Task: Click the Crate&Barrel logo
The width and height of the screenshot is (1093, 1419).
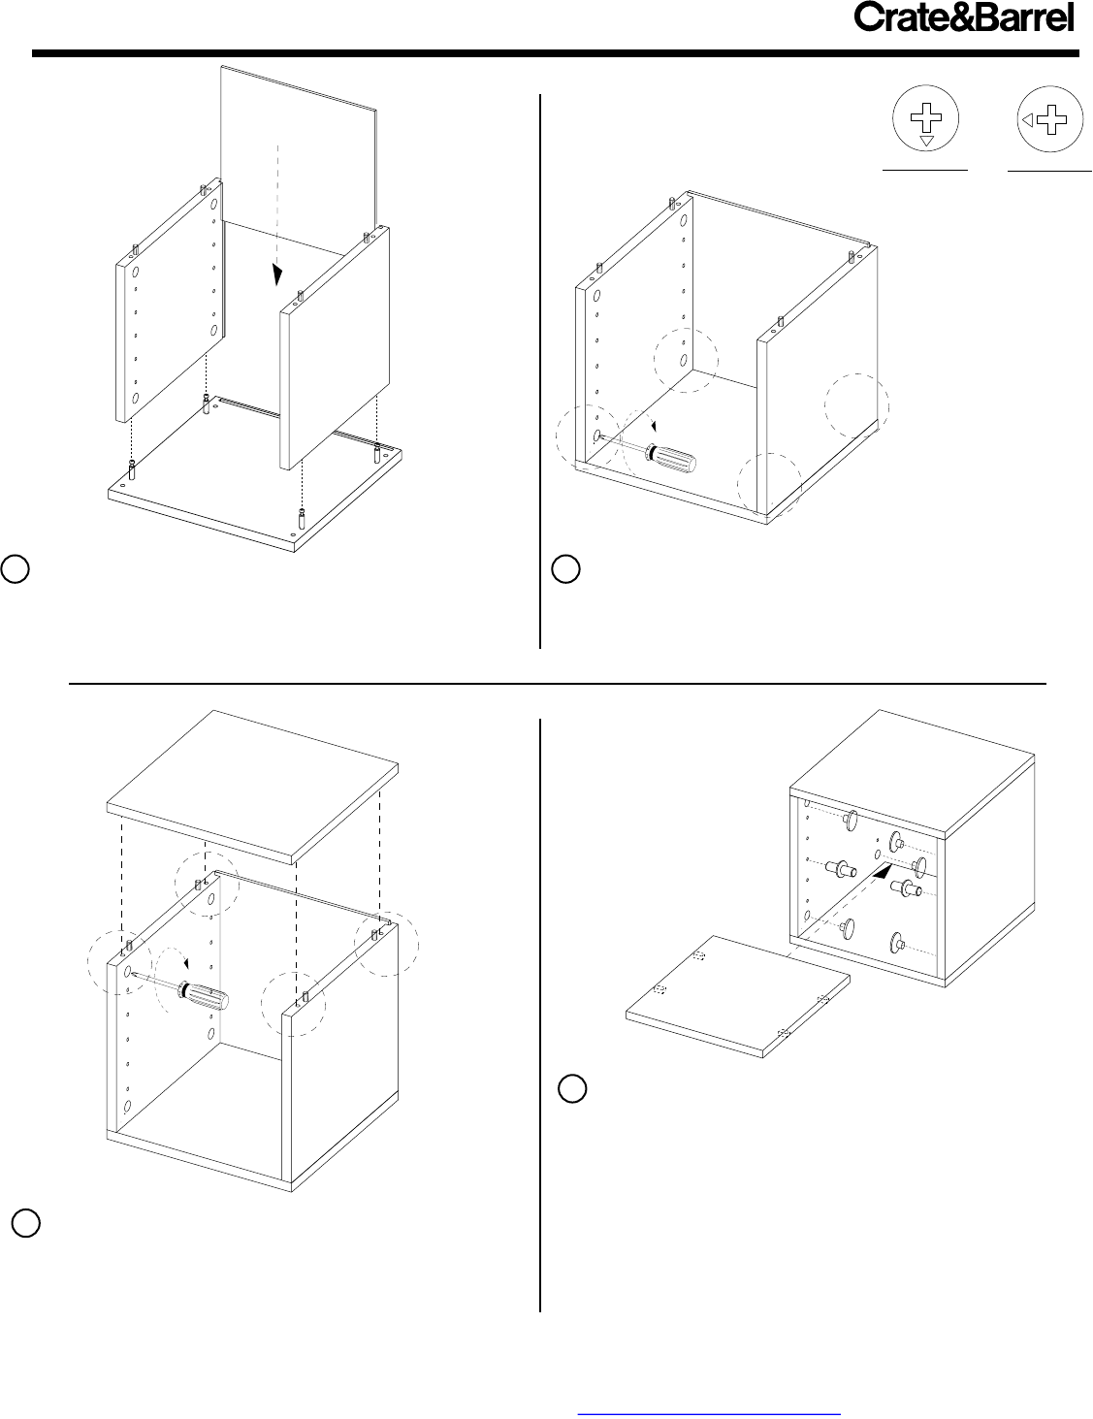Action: coord(964,17)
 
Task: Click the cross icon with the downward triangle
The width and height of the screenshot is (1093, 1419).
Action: coord(925,119)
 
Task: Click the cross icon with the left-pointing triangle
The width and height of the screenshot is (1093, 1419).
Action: coord(1050,119)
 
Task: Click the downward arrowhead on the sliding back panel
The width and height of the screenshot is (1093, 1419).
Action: coord(277,275)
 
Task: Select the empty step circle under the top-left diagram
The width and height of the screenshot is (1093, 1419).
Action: coord(15,568)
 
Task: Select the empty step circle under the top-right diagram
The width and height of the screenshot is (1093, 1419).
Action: coord(565,568)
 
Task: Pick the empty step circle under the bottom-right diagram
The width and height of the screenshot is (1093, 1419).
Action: coord(572,1088)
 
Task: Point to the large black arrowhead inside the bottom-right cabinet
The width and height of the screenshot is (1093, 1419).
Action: coord(883,870)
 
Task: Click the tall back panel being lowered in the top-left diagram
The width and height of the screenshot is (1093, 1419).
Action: coord(299,150)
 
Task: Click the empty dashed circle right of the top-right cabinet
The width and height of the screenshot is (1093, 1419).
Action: coord(856,405)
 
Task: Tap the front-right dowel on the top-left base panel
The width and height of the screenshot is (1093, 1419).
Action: coord(301,519)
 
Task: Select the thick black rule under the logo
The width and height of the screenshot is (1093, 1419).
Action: coord(555,53)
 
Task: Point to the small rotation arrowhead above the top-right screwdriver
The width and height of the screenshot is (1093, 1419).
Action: coord(655,427)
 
